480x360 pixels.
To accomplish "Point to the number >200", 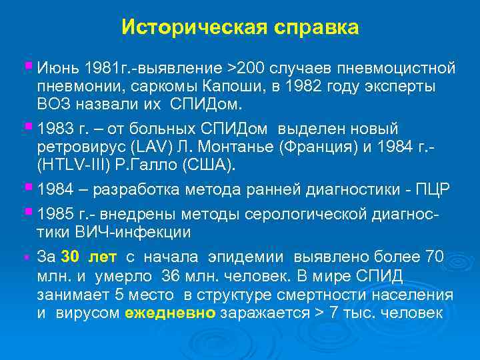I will pos(246,69).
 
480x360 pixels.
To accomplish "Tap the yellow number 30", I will pos(69,257).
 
